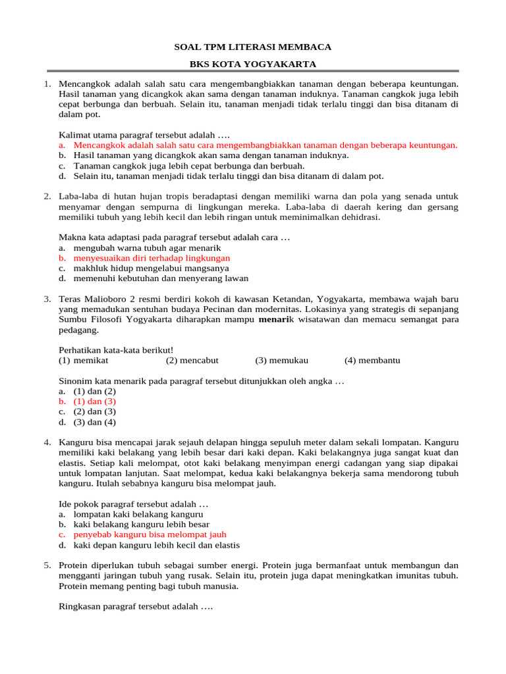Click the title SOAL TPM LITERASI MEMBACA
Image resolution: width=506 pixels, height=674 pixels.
pos(252,47)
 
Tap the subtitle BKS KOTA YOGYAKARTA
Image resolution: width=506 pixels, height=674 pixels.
pos(252,64)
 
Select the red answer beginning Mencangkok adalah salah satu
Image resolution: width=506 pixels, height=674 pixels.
pos(265,145)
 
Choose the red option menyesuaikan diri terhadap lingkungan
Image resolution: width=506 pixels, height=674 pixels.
pos(152,258)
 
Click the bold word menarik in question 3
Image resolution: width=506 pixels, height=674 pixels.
pos(276,320)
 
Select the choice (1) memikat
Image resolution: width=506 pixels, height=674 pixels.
pos(84,360)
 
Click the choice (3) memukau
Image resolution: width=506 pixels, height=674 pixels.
pos(281,360)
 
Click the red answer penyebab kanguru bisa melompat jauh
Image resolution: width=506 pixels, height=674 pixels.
pos(150,534)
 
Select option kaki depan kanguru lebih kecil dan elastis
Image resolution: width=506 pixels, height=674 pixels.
pos(156,545)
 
